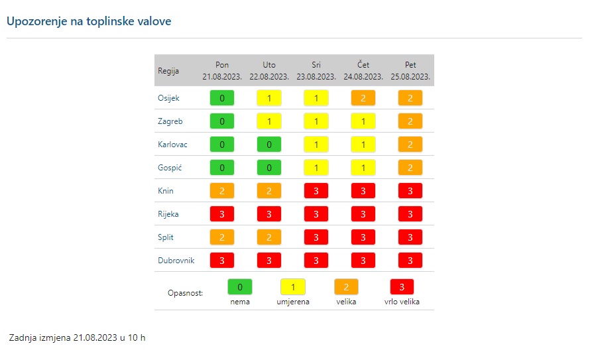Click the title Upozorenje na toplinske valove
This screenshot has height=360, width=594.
pyautogui.click(x=88, y=21)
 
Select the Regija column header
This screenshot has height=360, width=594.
pyautogui.click(x=168, y=71)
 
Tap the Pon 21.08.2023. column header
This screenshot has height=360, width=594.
pyautogui.click(x=222, y=71)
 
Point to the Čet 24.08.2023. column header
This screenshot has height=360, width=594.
pyautogui.click(x=363, y=71)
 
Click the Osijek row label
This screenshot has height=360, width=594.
pyautogui.click(x=168, y=98)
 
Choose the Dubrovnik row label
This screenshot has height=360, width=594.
pyautogui.click(x=176, y=261)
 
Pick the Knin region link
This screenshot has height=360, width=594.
pyautogui.click(x=166, y=191)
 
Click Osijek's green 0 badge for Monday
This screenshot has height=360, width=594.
pyautogui.click(x=222, y=98)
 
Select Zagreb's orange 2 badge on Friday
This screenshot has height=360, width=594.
pyautogui.click(x=410, y=121)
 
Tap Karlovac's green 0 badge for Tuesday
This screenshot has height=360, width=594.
pyautogui.click(x=269, y=145)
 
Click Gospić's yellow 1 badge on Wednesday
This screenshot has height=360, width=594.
pyautogui.click(x=316, y=168)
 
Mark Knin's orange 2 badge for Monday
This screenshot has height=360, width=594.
pyautogui.click(x=222, y=191)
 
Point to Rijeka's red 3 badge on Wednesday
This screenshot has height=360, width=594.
pyautogui.click(x=316, y=214)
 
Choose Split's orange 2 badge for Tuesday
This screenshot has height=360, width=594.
pyautogui.click(x=269, y=237)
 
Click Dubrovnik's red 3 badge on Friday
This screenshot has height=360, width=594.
pyautogui.click(x=410, y=261)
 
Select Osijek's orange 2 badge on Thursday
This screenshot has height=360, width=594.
pyautogui.click(x=363, y=98)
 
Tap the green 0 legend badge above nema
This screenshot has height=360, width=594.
pyautogui.click(x=240, y=287)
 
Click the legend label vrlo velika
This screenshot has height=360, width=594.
pyautogui.click(x=402, y=302)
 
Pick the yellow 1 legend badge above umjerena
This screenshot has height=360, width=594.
pyautogui.click(x=293, y=287)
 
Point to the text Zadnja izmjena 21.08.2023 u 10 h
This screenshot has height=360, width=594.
pyautogui.click(x=77, y=338)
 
